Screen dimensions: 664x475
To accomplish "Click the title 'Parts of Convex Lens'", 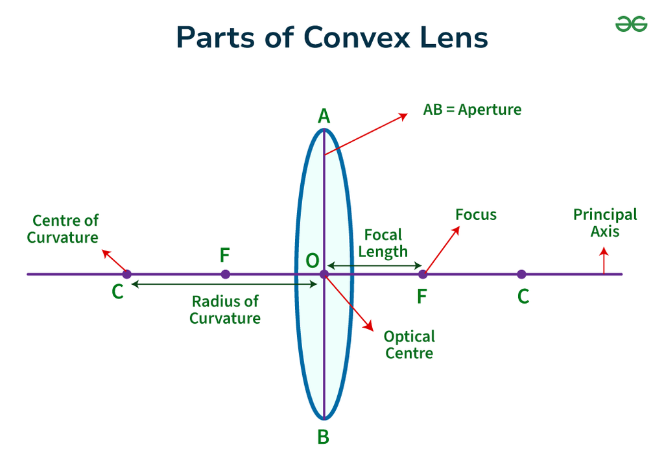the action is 332,37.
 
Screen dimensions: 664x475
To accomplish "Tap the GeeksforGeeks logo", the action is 631,24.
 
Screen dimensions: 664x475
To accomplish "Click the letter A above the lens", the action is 324,116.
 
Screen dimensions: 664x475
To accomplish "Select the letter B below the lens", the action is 324,437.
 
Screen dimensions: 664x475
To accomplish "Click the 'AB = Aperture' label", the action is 472,110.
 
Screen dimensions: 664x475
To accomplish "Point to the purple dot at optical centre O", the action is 324,274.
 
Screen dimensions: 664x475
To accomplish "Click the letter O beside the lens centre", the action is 313,261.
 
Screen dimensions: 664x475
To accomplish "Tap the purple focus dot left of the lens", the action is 226,274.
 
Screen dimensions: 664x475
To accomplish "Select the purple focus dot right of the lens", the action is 423,274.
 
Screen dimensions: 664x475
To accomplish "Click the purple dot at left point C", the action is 127,274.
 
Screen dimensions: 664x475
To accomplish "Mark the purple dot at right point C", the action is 522,274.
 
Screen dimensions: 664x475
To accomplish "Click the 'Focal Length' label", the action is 383,243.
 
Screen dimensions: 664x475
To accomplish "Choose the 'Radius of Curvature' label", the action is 225,310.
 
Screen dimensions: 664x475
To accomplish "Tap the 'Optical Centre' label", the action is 409,345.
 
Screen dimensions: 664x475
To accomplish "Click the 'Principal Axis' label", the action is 605,223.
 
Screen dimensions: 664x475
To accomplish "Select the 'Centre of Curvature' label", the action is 63,229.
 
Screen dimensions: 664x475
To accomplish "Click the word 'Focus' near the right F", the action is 476,215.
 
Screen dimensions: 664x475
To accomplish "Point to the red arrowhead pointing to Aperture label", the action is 403,116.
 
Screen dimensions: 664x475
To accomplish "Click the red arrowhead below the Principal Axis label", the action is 604,252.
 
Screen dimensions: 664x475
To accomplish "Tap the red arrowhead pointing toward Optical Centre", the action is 369,326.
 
